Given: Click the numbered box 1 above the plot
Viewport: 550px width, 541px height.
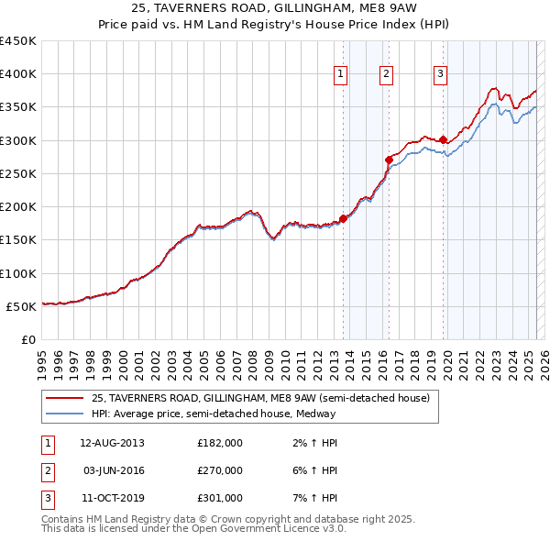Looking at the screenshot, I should click(x=341, y=74).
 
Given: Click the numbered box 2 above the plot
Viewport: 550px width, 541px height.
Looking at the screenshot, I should click(x=387, y=74).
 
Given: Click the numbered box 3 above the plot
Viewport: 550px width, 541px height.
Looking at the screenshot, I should click(x=440, y=74).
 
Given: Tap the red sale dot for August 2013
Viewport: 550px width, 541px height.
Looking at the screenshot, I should click(x=343, y=218).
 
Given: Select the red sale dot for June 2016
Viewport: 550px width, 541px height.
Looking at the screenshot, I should click(x=389, y=160).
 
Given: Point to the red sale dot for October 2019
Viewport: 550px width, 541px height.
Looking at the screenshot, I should click(x=443, y=140).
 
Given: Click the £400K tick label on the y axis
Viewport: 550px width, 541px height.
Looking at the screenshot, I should click(x=18, y=74).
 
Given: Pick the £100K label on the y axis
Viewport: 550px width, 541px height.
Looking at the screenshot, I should click(x=18, y=273).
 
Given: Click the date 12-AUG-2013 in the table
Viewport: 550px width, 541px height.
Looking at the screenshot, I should click(x=112, y=443).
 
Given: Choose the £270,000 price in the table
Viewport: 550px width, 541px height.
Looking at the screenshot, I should click(x=220, y=470).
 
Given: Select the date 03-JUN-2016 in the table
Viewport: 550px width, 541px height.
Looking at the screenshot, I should click(x=113, y=470).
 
